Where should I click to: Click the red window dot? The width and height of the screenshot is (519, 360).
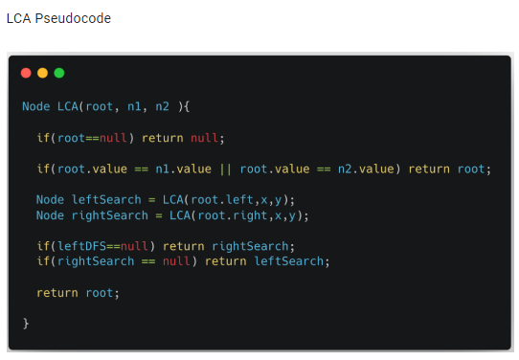[x=26, y=73]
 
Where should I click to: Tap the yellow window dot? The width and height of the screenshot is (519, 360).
[x=42, y=73]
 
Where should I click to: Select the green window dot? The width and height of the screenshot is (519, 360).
[x=58, y=73]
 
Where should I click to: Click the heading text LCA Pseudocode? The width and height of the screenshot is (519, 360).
[x=58, y=18]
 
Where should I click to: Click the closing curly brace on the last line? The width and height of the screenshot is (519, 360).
[x=26, y=323]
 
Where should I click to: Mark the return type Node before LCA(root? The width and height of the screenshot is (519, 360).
[x=37, y=106]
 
